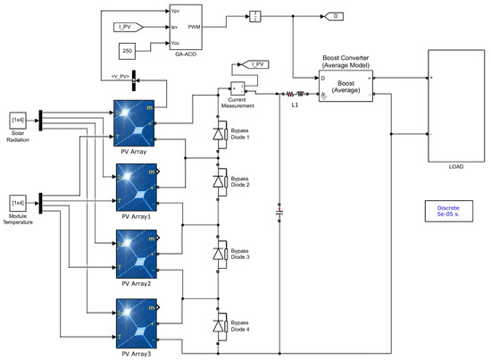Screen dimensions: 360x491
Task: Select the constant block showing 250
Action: (128, 48)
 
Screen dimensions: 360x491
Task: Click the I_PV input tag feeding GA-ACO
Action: (129, 29)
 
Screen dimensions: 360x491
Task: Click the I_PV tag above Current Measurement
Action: (255, 64)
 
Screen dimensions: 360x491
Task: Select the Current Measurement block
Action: (237, 88)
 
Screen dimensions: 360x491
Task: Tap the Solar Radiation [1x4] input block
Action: (19, 120)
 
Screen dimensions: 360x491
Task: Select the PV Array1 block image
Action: (133, 187)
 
